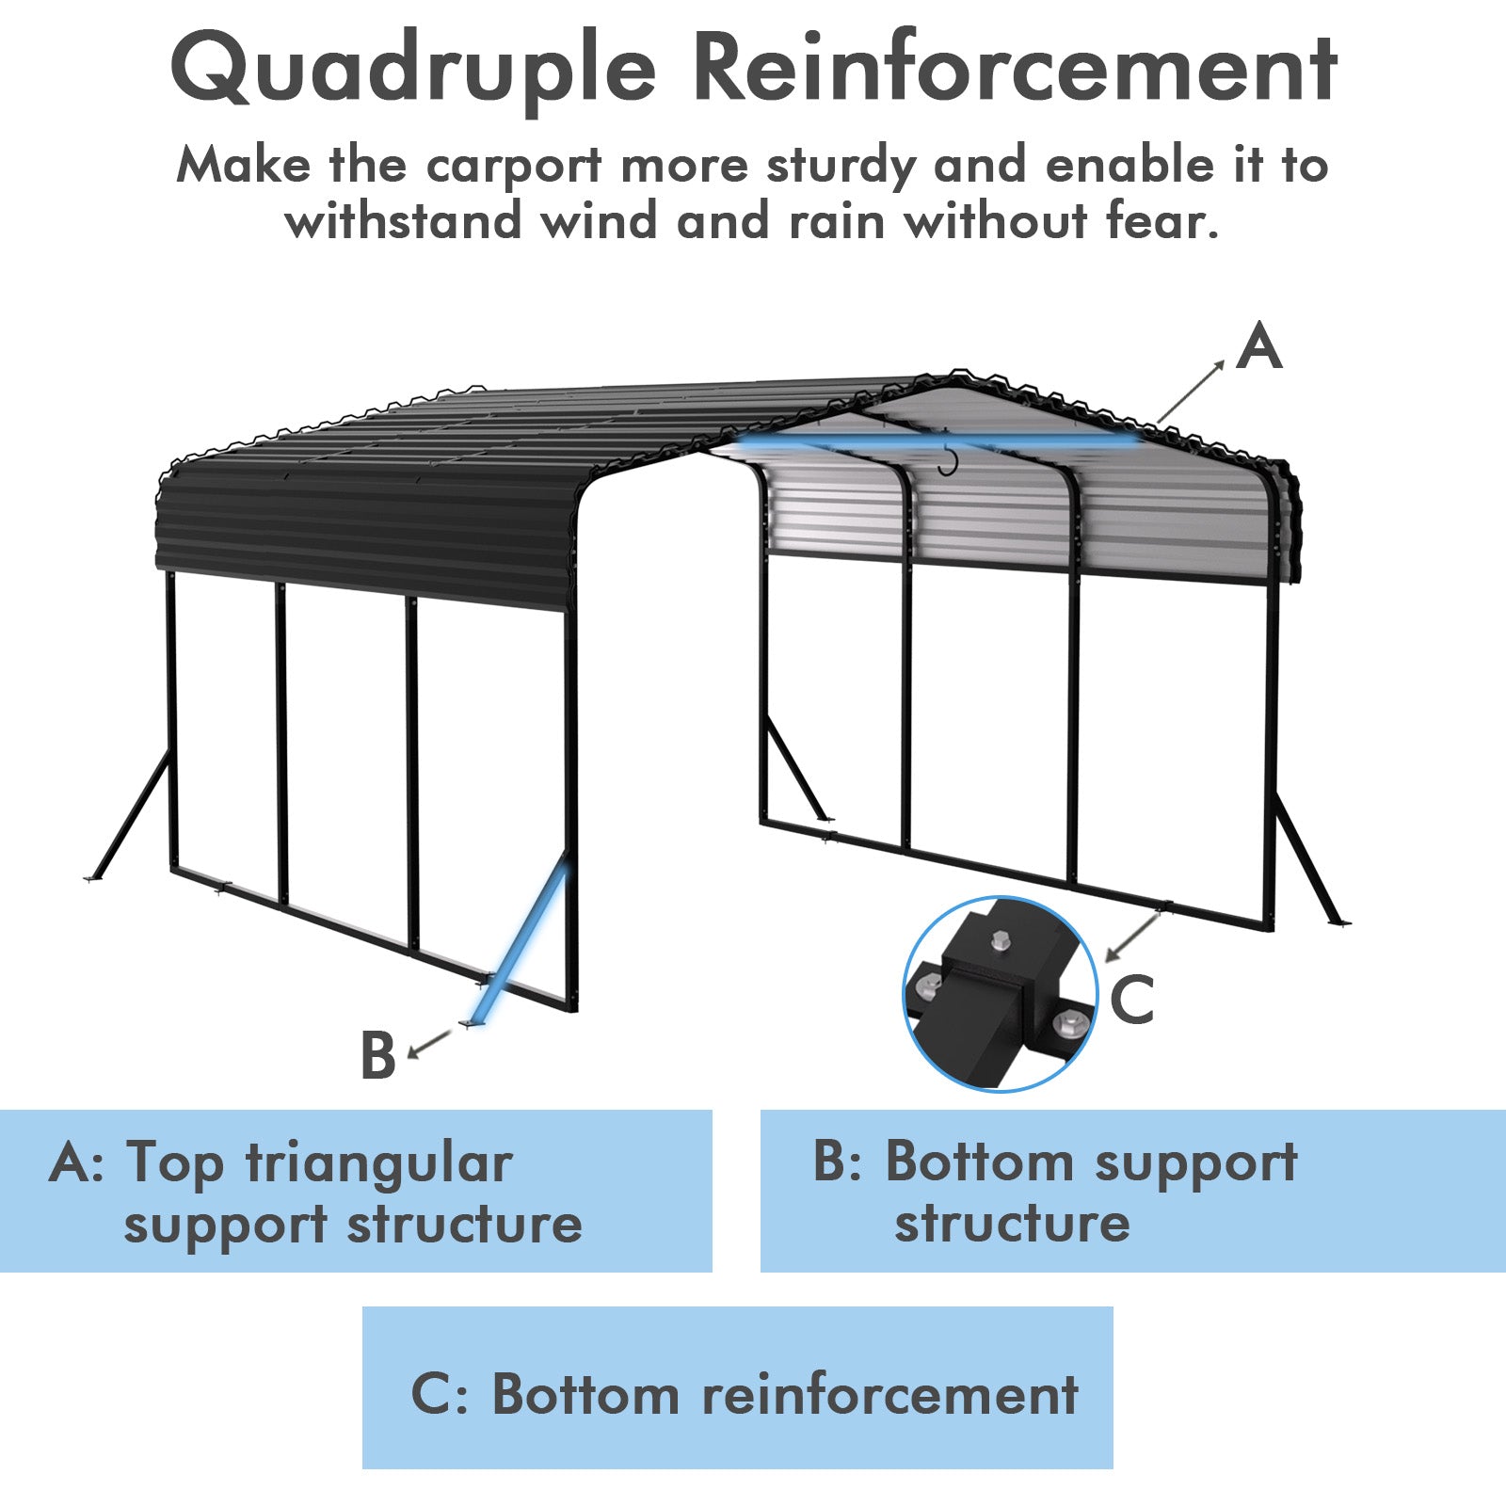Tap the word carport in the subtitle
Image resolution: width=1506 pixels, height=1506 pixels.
click(x=513, y=167)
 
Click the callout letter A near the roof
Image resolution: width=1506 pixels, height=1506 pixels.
click(x=1258, y=346)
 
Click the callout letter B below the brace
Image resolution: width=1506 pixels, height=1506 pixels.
click(x=377, y=1055)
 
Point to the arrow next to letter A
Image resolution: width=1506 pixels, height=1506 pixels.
click(x=1191, y=392)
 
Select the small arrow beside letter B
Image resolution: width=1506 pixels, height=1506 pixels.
click(x=429, y=1042)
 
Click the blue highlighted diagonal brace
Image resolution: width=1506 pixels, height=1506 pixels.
click(x=521, y=942)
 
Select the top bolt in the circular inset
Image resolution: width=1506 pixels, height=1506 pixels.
click(x=1001, y=939)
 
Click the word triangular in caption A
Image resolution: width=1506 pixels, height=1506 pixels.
click(x=379, y=1163)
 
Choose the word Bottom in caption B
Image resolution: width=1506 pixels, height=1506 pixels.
click(x=979, y=1162)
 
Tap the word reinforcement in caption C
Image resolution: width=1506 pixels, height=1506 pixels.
click(x=889, y=1394)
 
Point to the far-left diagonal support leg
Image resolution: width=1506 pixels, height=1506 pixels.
click(x=132, y=814)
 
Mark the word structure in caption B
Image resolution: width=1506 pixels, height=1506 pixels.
click(x=1012, y=1223)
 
